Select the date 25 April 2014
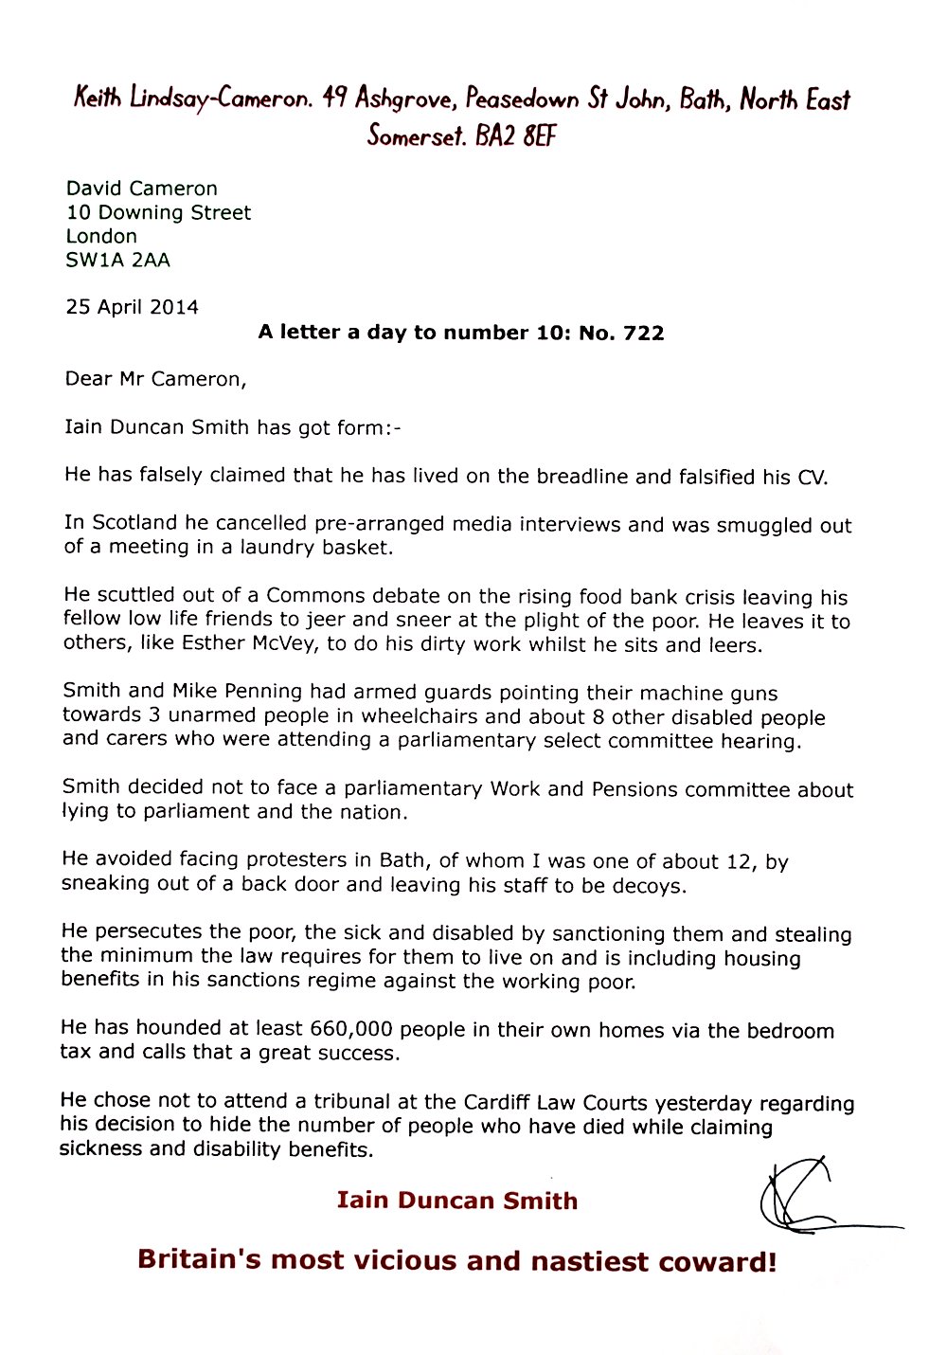tap(132, 307)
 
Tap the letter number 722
tap(643, 334)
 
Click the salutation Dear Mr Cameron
tap(155, 380)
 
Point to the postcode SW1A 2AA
tap(117, 260)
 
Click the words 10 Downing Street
tap(158, 212)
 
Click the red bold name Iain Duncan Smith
tap(456, 1201)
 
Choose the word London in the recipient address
tap(101, 236)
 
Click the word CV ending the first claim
tap(812, 477)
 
